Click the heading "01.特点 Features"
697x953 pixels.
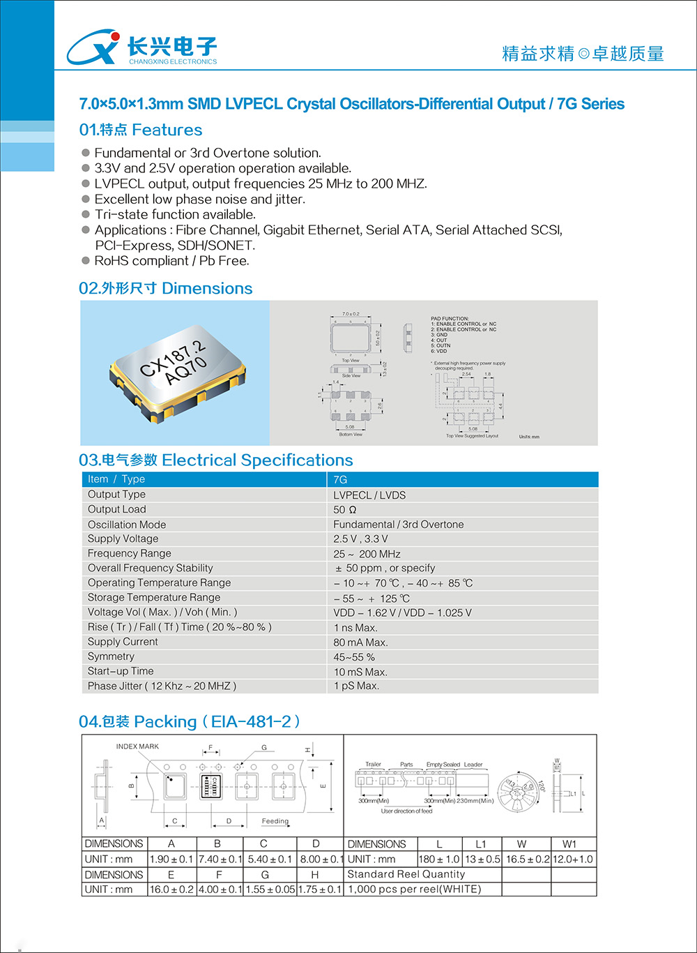pos(141,130)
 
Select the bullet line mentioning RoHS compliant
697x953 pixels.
pos(171,261)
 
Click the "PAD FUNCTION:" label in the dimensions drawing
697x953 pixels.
pos(450,319)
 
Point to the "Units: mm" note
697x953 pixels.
pos(529,437)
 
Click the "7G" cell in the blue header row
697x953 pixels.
pos(340,479)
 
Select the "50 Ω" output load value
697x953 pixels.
pos(345,510)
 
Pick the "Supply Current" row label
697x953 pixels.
pos(123,642)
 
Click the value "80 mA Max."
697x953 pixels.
pos(360,642)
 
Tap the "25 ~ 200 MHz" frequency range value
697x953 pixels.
pos(367,554)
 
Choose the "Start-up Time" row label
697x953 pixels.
pos(121,671)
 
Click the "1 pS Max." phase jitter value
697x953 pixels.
pos(356,686)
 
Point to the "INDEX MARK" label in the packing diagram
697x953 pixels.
pos(137,746)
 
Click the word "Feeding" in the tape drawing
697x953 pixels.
pos(275,821)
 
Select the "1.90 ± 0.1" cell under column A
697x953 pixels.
pos(171,860)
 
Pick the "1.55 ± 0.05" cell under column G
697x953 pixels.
pos(270,890)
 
